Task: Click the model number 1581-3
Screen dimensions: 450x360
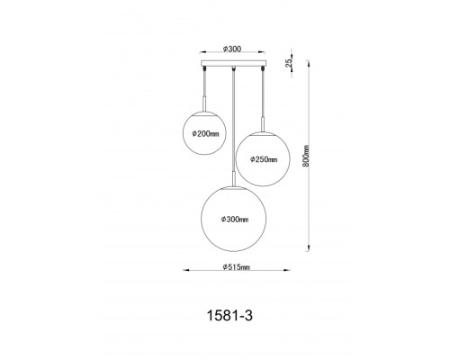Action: tap(229, 316)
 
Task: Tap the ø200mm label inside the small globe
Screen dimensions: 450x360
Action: tap(205, 134)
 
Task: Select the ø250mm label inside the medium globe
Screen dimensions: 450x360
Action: tap(264, 159)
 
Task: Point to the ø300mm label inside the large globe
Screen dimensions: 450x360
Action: tap(235, 220)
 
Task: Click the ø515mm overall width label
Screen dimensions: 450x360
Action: tap(236, 266)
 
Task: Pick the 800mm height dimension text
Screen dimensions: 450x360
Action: tap(306, 156)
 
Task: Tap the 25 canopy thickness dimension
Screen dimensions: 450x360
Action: tap(288, 63)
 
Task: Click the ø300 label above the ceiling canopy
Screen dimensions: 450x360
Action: tap(232, 49)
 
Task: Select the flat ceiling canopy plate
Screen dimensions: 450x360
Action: tap(233, 63)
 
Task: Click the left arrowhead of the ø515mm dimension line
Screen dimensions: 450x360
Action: tap(186, 270)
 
